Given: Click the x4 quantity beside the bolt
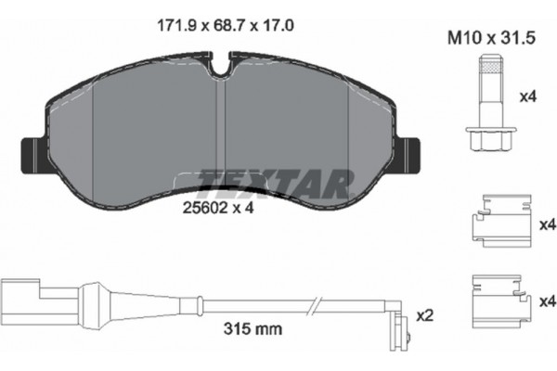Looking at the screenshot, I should (526, 96).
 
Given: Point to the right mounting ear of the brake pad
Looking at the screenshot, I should (415, 151).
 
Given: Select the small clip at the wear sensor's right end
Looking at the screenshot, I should (401, 326).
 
